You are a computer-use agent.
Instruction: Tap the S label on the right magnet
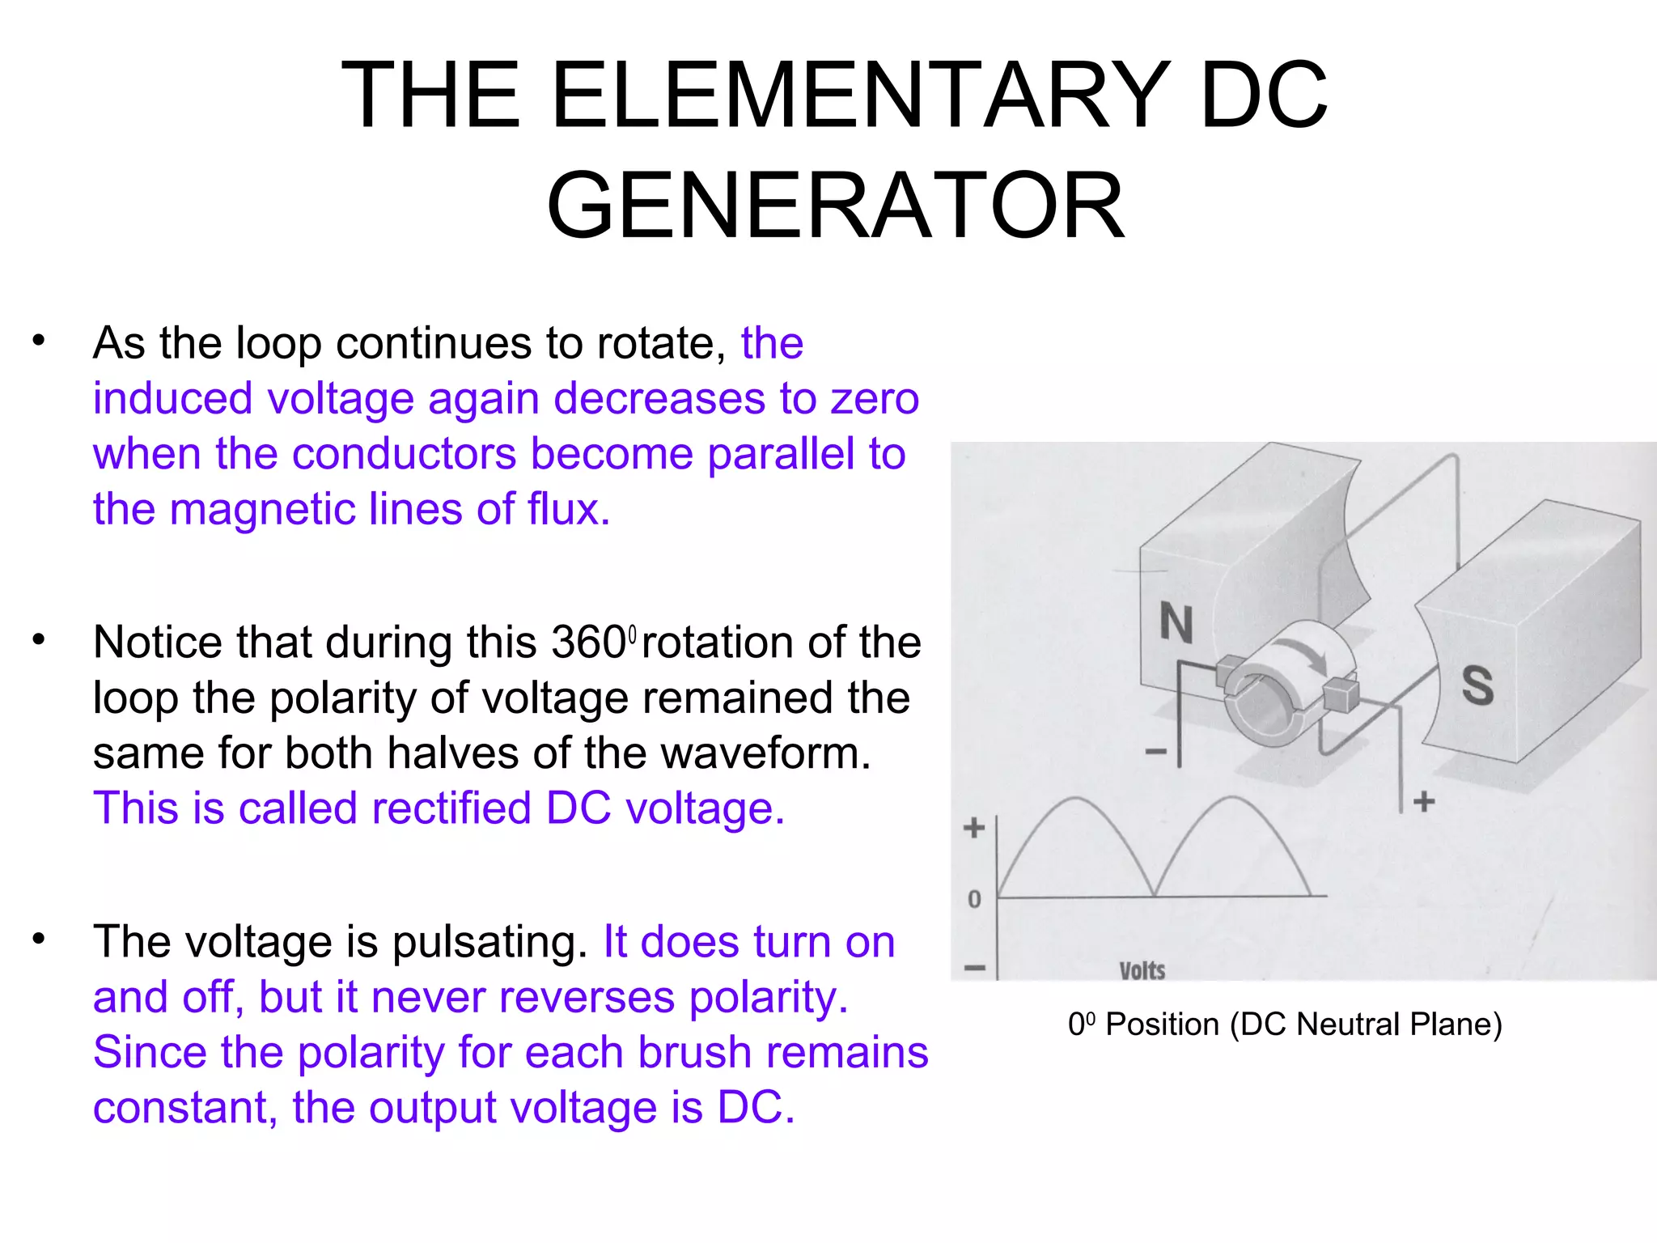point(1477,685)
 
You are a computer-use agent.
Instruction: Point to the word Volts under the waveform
point(1142,969)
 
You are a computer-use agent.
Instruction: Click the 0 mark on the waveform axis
point(974,898)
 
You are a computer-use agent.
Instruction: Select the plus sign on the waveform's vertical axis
point(974,827)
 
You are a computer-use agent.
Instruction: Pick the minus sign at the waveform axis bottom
point(975,968)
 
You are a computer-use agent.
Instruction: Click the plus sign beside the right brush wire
point(1424,801)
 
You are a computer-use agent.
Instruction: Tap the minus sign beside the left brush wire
point(1156,752)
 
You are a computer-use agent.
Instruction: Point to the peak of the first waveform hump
point(1074,799)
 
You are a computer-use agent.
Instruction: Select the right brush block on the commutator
point(1341,695)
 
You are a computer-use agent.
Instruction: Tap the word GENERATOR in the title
point(835,206)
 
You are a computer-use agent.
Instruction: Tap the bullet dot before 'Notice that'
point(39,640)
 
